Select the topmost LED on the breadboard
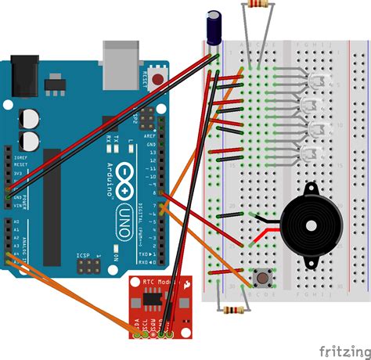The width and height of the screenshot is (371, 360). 317,82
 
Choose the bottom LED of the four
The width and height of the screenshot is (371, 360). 317,153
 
